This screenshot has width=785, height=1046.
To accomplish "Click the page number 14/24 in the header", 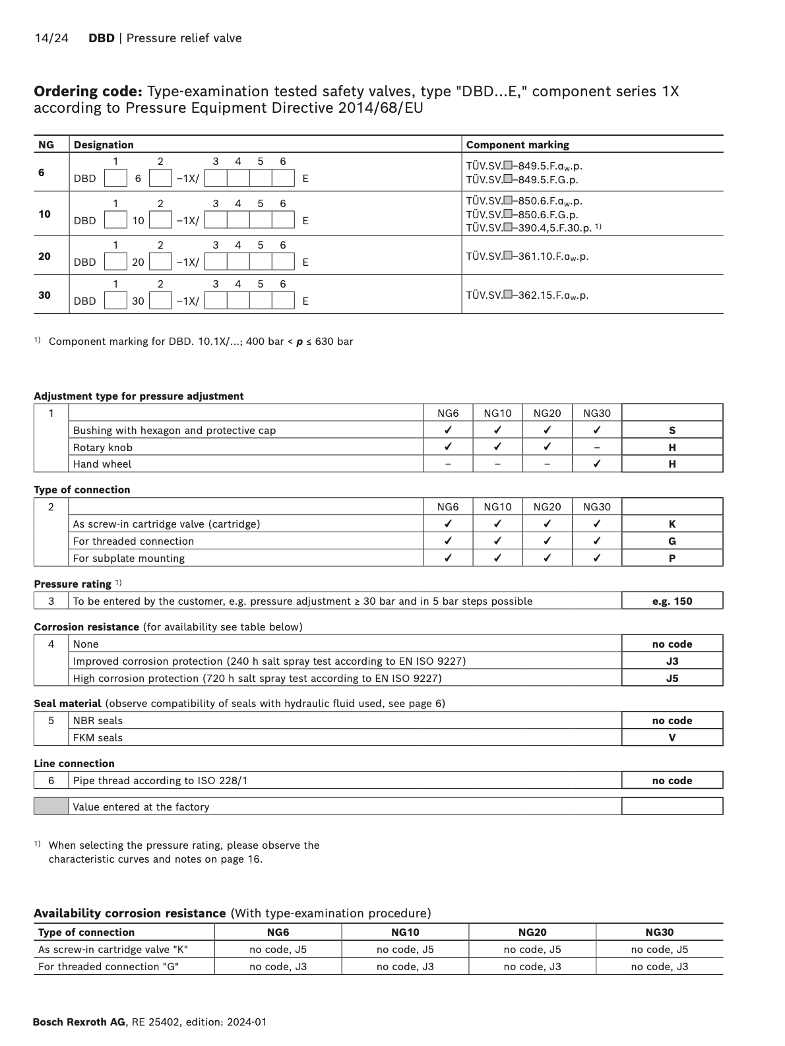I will click(51, 38).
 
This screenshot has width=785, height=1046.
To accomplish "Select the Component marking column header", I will click(517, 145).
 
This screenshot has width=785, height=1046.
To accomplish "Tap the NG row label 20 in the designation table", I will click(44, 256).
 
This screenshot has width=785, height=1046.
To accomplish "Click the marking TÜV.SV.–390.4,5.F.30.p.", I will click(529, 228).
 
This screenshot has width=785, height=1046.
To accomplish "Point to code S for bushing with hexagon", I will click(672, 431).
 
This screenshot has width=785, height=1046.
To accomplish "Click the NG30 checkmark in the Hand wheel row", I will click(596, 464).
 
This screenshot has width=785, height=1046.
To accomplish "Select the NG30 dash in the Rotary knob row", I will click(596, 448).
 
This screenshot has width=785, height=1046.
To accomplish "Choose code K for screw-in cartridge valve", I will click(672, 524).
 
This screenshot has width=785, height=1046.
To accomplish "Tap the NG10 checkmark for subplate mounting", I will click(497, 559).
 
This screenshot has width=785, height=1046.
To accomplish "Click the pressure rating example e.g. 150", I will click(672, 601).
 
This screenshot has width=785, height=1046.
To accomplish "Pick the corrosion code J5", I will click(672, 679).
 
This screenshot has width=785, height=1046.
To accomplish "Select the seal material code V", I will click(672, 738).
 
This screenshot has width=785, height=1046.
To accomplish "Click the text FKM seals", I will click(98, 738).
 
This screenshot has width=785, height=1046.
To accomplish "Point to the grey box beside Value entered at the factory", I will click(51, 807).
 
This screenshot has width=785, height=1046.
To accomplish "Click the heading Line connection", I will click(74, 764).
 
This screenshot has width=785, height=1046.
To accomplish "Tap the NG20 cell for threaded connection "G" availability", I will click(532, 967).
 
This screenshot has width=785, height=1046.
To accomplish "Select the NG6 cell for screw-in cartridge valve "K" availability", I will click(278, 950).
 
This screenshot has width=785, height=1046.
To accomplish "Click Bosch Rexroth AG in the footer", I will click(78, 1022).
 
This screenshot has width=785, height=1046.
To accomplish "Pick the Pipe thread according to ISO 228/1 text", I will click(160, 781).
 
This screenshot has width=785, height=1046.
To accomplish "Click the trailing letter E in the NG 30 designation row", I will click(305, 301).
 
